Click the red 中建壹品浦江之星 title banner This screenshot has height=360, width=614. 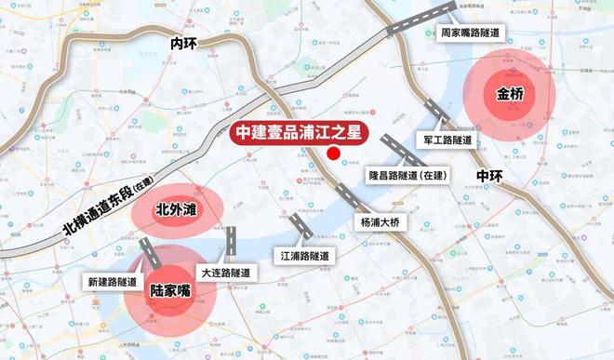pyautogui.click(x=299, y=133)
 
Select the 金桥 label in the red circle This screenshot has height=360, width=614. pyautogui.click(x=511, y=94)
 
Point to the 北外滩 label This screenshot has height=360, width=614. pyautogui.click(x=176, y=210)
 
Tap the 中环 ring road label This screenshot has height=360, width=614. pyautogui.click(x=489, y=175)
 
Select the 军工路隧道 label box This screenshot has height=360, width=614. pyautogui.click(x=448, y=140)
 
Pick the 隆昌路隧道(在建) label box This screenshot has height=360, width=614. pyautogui.click(x=406, y=175)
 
